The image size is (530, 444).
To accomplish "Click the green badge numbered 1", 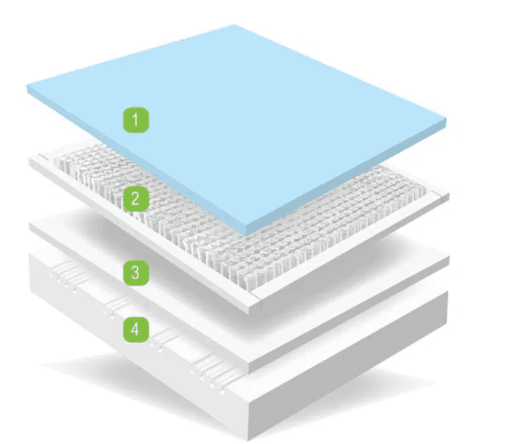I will coord(135,120).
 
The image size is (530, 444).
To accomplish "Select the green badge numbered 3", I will coord(135,272).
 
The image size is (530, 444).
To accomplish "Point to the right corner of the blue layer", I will coord(445,122).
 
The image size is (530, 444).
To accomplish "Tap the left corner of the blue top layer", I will coord(28,88).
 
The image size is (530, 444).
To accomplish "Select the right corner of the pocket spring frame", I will coord(449,196).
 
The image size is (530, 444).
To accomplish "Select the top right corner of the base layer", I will coord(449,294).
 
